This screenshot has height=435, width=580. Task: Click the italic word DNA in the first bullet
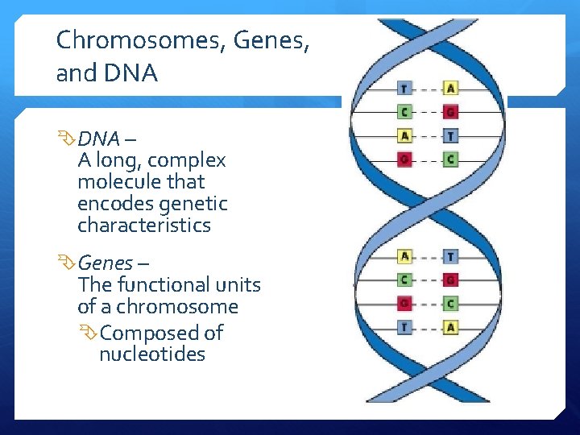98,139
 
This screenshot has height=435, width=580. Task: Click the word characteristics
144,226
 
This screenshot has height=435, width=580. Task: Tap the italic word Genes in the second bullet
105,263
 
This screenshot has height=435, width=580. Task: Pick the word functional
162,284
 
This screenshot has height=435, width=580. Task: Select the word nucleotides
152,354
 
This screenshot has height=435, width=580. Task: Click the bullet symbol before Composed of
89,332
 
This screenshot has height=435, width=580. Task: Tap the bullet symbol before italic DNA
66,139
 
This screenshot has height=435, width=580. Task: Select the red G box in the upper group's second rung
450,112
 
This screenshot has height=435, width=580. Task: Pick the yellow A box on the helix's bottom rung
450,327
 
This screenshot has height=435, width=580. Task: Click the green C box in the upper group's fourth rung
450,159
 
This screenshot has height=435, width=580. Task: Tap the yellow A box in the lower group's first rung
404,257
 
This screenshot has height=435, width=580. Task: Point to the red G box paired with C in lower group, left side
404,304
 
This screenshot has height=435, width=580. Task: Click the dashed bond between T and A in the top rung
427,89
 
